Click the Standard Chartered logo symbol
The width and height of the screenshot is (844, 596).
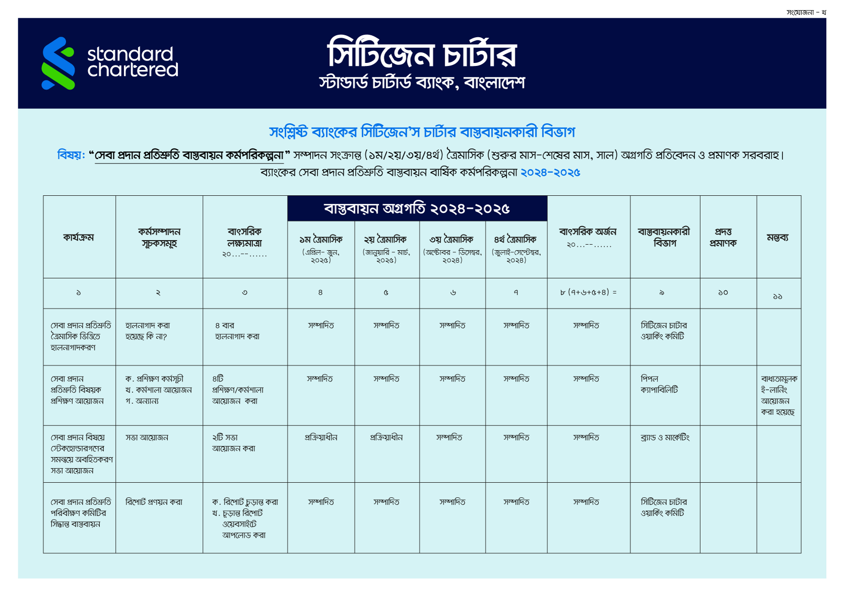[x=58, y=63]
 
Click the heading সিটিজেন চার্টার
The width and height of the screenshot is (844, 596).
[x=421, y=54]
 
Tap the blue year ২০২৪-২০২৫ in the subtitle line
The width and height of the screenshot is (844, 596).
[x=550, y=173]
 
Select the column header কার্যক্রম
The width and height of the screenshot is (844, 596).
[x=79, y=237]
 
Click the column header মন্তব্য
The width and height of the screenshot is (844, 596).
[x=778, y=237]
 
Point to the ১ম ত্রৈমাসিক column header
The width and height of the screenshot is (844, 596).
[x=321, y=240]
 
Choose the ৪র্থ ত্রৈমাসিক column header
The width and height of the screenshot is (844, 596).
[x=515, y=240]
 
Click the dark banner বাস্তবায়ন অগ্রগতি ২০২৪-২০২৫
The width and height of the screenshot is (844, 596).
[x=417, y=208]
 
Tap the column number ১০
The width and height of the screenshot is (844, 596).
[x=723, y=292]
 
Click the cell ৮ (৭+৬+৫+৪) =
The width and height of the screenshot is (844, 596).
[x=588, y=292]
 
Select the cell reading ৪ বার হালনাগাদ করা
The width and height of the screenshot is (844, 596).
[x=237, y=331]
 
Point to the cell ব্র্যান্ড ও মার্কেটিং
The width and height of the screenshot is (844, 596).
[x=665, y=438]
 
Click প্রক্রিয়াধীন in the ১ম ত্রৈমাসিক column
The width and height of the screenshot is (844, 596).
[x=321, y=438]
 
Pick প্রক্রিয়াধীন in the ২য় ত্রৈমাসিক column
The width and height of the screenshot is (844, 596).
[x=386, y=438]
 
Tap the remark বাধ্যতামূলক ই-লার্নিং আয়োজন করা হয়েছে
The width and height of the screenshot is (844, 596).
[x=779, y=396]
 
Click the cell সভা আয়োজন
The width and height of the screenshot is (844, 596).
[x=147, y=438]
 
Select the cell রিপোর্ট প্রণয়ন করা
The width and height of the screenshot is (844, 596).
[x=154, y=502]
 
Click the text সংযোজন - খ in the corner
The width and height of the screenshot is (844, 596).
[x=806, y=13]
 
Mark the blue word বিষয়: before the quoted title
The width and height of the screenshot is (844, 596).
[x=71, y=155]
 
